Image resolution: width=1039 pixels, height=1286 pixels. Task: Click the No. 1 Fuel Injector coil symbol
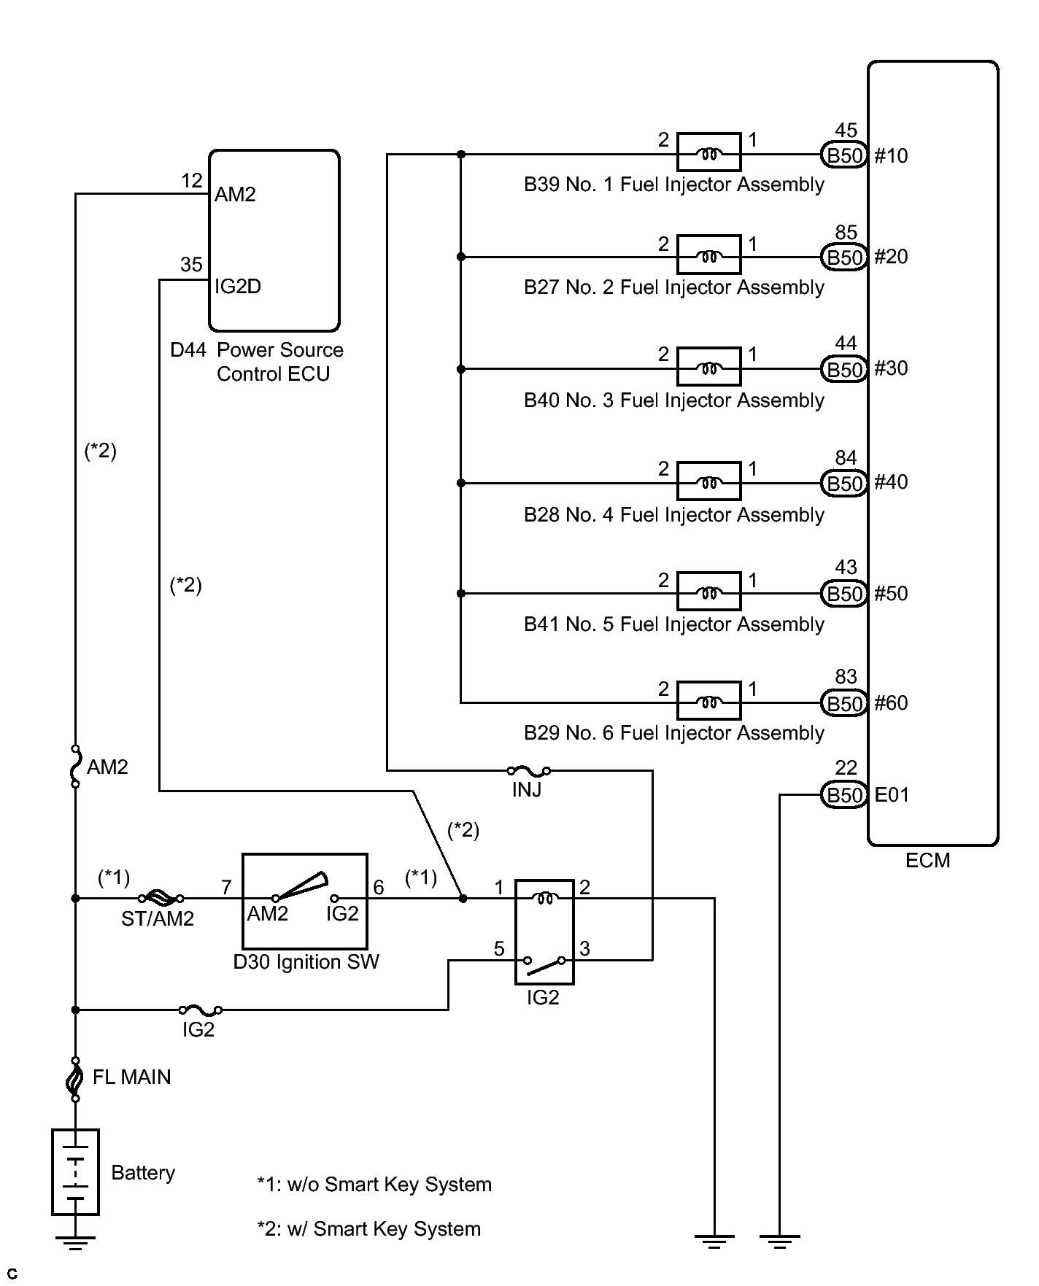708,153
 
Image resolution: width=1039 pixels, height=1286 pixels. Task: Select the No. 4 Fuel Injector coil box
708,481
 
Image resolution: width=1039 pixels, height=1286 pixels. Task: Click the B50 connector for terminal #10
844,155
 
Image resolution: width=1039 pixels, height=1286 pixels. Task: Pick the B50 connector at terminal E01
844,794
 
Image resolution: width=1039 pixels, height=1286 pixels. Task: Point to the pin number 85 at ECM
846,233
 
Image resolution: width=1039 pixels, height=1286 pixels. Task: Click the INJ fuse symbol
528,770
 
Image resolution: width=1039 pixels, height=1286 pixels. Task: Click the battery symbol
75,1172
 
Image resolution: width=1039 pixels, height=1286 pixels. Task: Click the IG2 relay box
544,931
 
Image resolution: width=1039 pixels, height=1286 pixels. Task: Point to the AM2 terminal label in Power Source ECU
235,195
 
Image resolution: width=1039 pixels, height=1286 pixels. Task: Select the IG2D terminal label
238,287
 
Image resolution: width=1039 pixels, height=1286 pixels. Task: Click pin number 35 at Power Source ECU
191,264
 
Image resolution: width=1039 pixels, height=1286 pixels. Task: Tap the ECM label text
927,861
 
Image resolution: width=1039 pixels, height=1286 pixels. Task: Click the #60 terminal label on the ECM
891,703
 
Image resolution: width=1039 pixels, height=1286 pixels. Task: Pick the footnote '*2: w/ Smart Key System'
369,1229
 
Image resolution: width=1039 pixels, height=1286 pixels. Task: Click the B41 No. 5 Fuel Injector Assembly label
673,624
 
